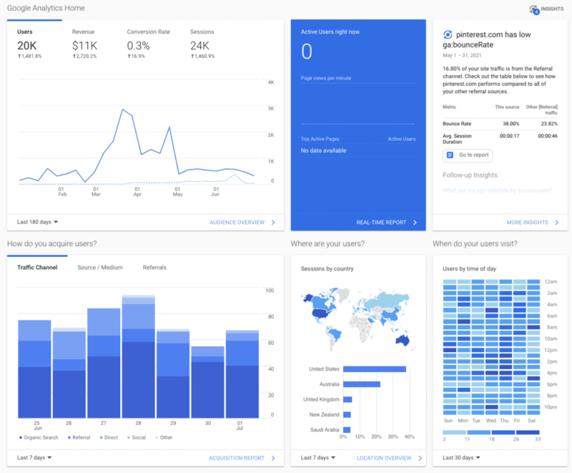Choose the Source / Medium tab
click(x=99, y=268)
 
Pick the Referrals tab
click(x=154, y=268)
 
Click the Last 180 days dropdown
click(x=37, y=223)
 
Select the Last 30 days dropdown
click(x=461, y=458)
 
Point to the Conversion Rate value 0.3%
click(x=139, y=46)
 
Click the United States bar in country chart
click(x=374, y=369)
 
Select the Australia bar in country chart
click(x=361, y=384)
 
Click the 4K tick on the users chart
click(x=271, y=83)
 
